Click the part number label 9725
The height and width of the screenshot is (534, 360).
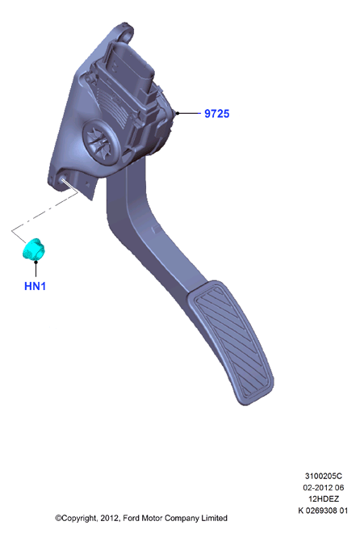point(217,113)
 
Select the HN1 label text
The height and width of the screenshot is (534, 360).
point(35,286)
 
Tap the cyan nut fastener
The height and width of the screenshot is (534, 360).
point(34,250)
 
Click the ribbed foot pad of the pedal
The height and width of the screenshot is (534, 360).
point(230,342)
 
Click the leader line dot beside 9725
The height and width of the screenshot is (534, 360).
point(178,113)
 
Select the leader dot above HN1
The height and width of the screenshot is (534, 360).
point(36,261)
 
